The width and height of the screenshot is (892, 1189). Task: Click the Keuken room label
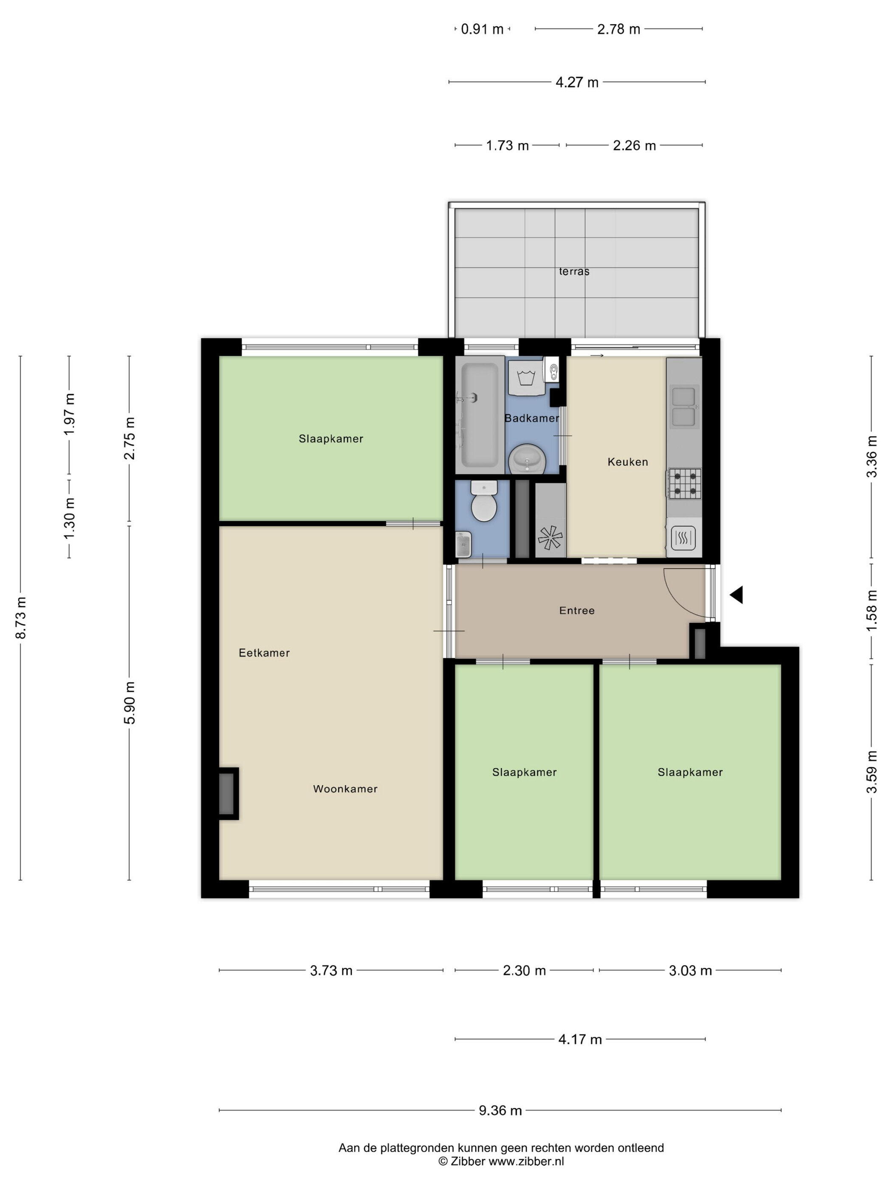coord(627,462)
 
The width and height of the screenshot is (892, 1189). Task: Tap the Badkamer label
coord(531,418)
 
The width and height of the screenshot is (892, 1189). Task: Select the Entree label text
coord(577,611)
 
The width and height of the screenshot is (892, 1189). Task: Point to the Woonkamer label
coord(345,789)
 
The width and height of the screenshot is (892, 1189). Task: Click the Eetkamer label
coord(264,653)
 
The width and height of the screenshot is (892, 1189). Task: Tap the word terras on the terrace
coord(574,271)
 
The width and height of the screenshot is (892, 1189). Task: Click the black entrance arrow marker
coord(736,595)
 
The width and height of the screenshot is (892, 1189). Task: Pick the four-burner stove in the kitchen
coord(684,484)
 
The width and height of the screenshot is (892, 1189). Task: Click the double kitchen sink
coord(684,407)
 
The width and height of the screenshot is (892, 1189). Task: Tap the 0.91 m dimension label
coord(482,29)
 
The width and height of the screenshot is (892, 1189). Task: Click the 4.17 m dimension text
coord(580,1039)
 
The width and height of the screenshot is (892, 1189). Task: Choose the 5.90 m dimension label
coord(130,702)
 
